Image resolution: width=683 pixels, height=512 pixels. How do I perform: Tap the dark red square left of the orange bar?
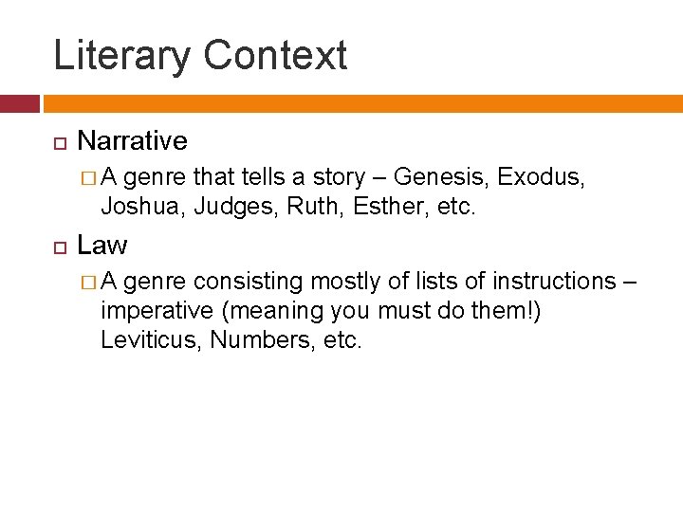19,103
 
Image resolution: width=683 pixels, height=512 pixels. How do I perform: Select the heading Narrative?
132,141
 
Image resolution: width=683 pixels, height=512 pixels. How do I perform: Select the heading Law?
102,246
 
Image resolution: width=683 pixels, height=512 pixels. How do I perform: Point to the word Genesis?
441,177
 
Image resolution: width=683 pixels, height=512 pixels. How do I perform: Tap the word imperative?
157,310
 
